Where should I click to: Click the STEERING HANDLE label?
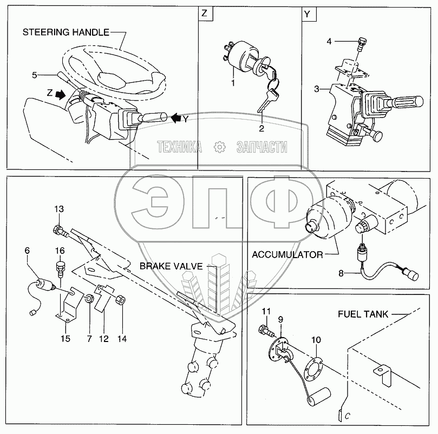point(65,32)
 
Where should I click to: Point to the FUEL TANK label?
point(364,313)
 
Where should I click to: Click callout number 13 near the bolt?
point(58,209)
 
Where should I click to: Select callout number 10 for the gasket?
point(316,339)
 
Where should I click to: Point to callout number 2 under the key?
point(261,128)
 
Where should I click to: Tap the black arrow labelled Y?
point(176,116)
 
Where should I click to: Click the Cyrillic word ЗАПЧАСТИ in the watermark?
point(262,146)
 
